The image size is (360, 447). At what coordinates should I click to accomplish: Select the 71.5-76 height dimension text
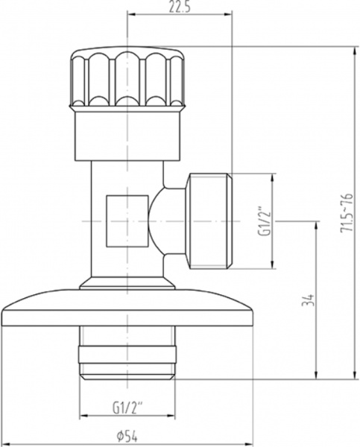click(345, 212)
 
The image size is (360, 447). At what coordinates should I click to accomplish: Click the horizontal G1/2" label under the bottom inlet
click(128, 407)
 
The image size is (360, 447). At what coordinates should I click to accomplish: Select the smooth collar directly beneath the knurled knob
click(128, 135)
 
